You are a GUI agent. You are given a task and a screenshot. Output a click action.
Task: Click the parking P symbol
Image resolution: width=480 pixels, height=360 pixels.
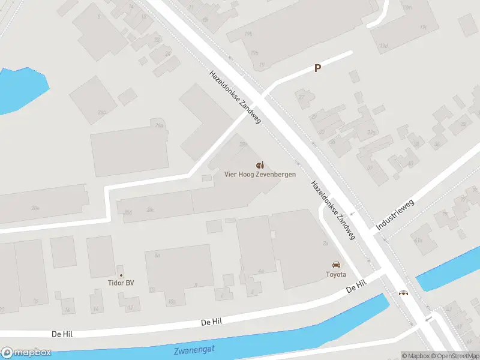coord(317,68)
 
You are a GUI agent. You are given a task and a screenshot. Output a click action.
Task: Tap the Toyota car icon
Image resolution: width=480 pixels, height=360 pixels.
coord(336,265)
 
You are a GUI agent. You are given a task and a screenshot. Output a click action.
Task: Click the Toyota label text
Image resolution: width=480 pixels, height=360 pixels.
coord(336,274)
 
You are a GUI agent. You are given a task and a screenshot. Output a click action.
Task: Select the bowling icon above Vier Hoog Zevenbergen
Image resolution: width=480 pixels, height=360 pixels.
coord(260,164)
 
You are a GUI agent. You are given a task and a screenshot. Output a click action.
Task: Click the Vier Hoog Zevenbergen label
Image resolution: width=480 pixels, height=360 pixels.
coord(260,174)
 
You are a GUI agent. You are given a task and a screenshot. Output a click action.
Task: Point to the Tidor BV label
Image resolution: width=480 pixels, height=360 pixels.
coord(120,283)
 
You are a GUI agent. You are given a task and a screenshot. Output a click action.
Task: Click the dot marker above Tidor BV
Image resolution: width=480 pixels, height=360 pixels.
coord(120,275)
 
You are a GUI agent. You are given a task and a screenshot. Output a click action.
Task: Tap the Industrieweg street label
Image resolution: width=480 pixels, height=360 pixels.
coord(395,215)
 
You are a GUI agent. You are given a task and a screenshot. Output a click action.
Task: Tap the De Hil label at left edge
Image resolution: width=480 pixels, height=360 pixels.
coord(63,333)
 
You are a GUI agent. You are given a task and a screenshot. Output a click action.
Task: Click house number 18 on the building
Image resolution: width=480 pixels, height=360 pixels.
coord(36,300)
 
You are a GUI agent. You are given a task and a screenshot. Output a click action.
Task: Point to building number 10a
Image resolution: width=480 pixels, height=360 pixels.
coord(172,301)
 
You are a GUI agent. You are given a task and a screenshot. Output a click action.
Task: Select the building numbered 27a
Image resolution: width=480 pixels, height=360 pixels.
coord(371,133)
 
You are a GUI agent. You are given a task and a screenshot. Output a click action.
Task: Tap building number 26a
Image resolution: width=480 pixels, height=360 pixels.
coord(159,125)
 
